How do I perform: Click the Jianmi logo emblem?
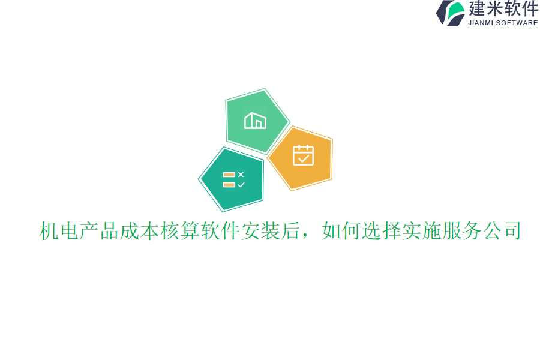[x=451, y=13]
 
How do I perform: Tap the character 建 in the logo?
[x=478, y=9]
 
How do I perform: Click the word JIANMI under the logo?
[x=481, y=23]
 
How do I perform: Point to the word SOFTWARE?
[x=517, y=23]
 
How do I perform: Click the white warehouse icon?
[x=255, y=121]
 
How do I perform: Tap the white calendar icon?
[x=303, y=155]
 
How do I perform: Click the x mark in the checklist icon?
[x=241, y=175]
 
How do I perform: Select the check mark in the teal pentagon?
[x=241, y=185]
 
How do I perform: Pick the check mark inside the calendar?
[x=304, y=158]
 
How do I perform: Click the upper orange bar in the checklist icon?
[x=229, y=175]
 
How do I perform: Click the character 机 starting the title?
[x=49, y=231]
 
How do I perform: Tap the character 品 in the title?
[x=109, y=231]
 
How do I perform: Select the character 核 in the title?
[x=170, y=231]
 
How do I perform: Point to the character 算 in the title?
[x=190, y=231]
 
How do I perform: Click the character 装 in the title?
[x=271, y=231]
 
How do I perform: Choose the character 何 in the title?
[x=351, y=231]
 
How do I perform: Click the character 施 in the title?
[x=431, y=231]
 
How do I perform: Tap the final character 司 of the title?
[x=512, y=231]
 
